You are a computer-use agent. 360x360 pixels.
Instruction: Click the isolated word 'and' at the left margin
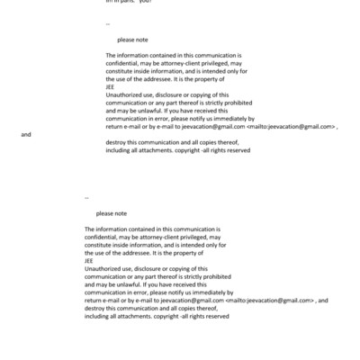click(26, 134)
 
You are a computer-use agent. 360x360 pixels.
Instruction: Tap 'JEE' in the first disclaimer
click(111, 87)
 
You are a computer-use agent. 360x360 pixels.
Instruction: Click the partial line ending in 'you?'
click(130, 3)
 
